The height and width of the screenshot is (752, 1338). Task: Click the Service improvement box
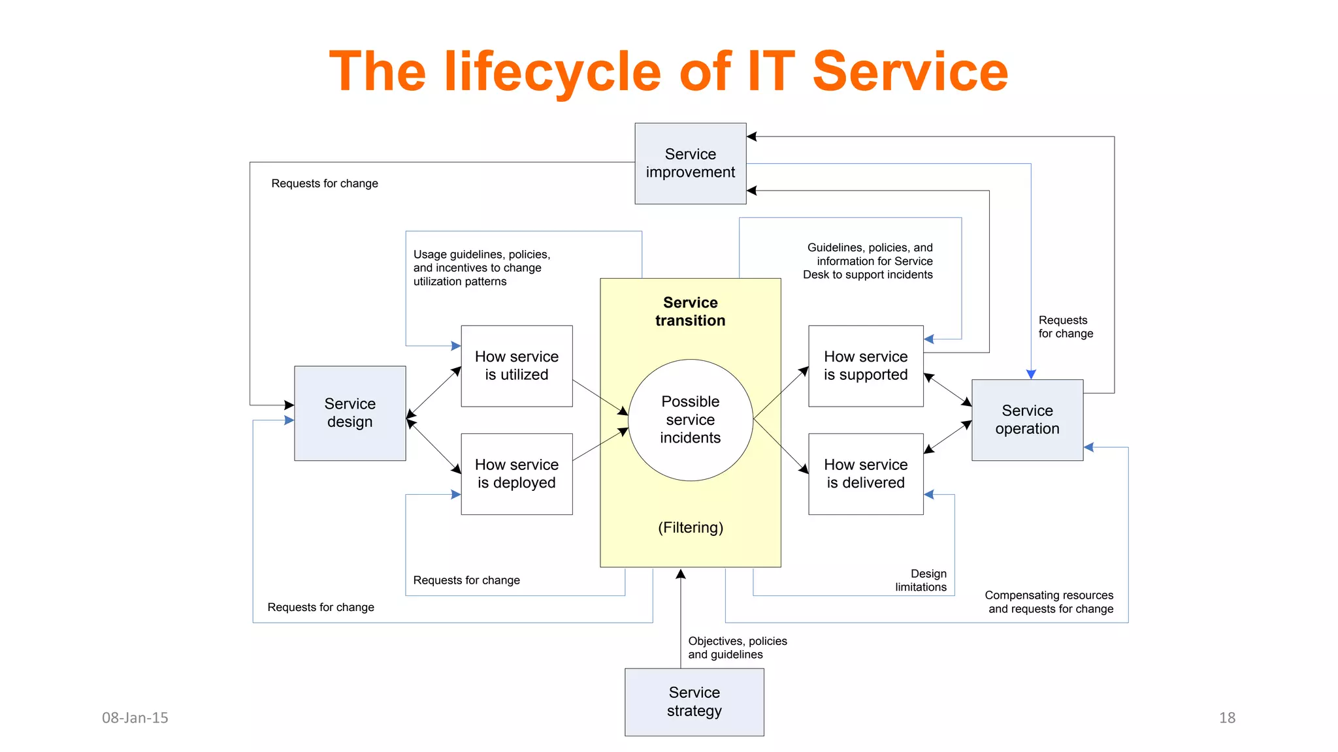(x=690, y=163)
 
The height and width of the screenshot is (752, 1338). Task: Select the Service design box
(x=350, y=413)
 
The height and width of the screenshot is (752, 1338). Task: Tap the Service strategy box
(x=694, y=702)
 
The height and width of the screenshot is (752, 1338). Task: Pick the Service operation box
(x=1027, y=420)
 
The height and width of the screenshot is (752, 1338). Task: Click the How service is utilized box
(x=516, y=366)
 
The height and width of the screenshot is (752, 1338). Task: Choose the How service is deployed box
(x=516, y=474)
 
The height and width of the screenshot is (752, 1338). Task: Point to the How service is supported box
(x=866, y=366)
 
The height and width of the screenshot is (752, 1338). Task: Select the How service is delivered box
(x=866, y=474)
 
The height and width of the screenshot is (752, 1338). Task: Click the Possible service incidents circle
(x=690, y=420)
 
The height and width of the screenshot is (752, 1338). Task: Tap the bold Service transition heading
(x=690, y=311)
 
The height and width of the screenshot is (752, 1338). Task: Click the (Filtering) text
(x=690, y=527)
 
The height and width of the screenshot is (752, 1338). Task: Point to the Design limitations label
(x=921, y=580)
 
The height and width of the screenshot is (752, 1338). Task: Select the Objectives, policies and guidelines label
(x=737, y=648)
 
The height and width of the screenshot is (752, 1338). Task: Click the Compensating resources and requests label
(x=1049, y=602)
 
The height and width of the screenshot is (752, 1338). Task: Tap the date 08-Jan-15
(x=135, y=717)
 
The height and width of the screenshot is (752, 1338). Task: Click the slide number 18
(x=1227, y=717)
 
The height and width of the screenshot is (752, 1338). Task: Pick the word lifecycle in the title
(x=553, y=72)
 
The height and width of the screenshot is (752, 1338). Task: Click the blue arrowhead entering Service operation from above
(x=1031, y=375)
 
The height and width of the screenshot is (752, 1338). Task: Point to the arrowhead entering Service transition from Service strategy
(x=681, y=574)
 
